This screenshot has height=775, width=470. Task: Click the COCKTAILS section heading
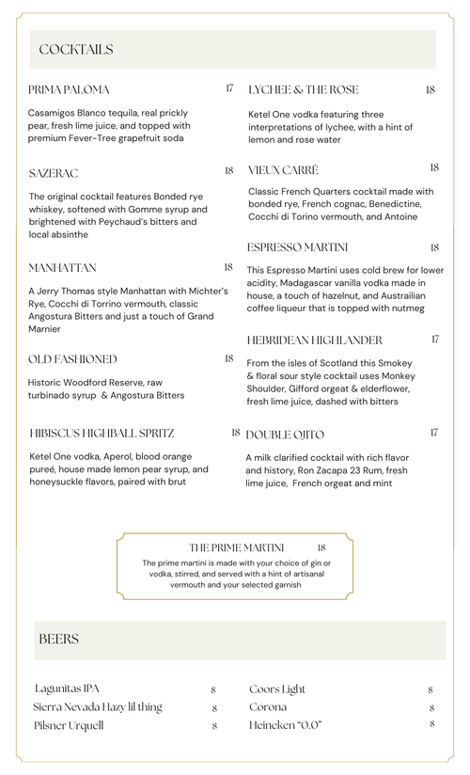(x=76, y=50)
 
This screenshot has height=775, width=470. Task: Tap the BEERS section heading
(x=58, y=640)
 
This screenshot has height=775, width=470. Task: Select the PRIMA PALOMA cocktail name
(x=69, y=90)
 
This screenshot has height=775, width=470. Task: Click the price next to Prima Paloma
(x=229, y=88)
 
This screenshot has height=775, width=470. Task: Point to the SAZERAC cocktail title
(x=54, y=174)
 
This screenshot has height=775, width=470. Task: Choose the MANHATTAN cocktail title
(x=62, y=268)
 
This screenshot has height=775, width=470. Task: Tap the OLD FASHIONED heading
(x=72, y=359)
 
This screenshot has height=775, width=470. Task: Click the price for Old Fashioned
(x=229, y=358)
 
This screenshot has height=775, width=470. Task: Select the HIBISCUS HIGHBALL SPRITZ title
(x=102, y=434)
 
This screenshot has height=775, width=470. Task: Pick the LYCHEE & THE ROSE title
(x=304, y=90)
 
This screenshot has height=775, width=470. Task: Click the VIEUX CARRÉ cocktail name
(x=283, y=170)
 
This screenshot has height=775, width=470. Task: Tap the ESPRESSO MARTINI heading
(x=298, y=247)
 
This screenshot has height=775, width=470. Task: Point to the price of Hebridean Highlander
(x=435, y=339)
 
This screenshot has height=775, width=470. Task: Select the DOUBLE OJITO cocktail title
(x=285, y=435)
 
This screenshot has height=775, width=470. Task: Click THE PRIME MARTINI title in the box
(x=243, y=547)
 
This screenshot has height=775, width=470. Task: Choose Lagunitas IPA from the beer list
(x=67, y=688)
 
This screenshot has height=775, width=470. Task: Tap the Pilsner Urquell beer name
(x=69, y=726)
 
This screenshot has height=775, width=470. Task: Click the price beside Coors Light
(x=431, y=690)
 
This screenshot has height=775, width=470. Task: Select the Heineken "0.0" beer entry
(x=285, y=725)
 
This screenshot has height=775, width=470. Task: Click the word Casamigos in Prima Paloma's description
(x=55, y=113)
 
